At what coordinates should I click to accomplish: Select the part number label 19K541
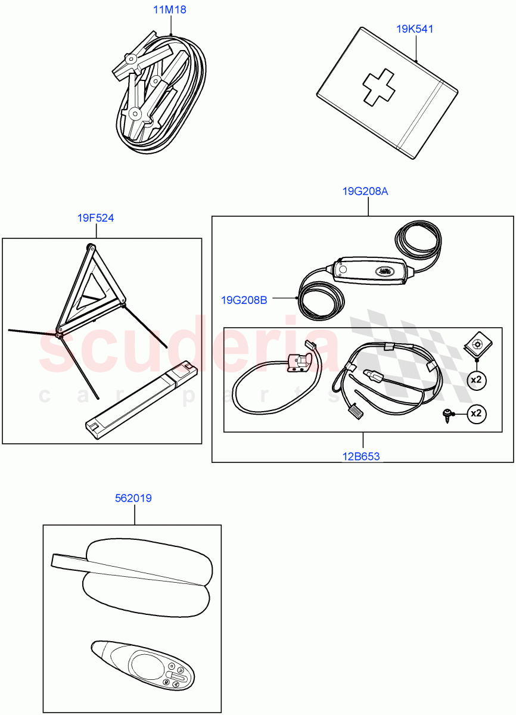pyautogui.click(x=415, y=29)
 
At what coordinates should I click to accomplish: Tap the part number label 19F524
pyautogui.click(x=95, y=218)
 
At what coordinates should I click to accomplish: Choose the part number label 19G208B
pyautogui.click(x=244, y=300)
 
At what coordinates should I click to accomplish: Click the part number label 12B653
pyautogui.click(x=361, y=457)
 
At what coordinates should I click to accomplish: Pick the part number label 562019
pyautogui.click(x=133, y=498)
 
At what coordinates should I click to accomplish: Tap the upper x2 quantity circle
pyautogui.click(x=475, y=380)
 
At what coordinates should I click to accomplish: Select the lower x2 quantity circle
pyautogui.click(x=475, y=413)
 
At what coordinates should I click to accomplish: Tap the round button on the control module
pyautogui.click(x=343, y=270)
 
